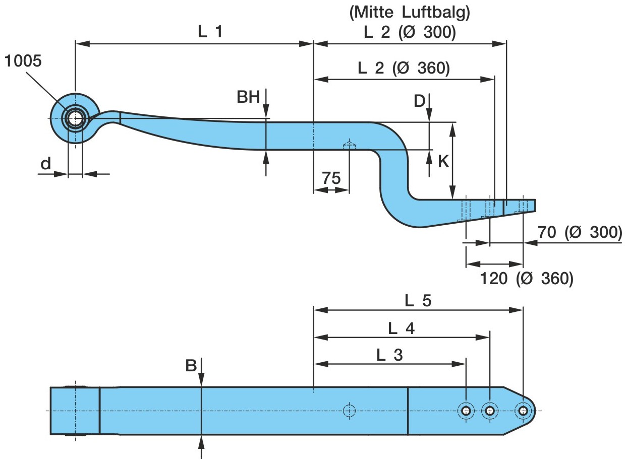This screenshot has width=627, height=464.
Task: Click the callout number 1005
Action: pyautogui.click(x=23, y=62)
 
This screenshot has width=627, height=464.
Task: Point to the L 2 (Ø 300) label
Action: pyautogui.click(x=410, y=33)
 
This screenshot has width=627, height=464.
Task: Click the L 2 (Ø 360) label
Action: pyautogui.click(x=404, y=68)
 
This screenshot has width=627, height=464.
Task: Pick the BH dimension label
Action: pyautogui.click(x=248, y=97)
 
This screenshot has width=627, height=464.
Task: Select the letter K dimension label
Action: pyautogui.click(x=443, y=161)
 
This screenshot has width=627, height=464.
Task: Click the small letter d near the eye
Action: pyautogui.click(x=46, y=163)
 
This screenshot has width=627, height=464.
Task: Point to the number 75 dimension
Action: pyautogui.click(x=331, y=178)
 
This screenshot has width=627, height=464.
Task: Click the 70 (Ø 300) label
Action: pyautogui.click(x=579, y=233)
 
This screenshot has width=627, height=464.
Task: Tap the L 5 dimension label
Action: pyautogui.click(x=418, y=301)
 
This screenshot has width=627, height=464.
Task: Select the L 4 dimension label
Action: pyautogui.click(x=402, y=328)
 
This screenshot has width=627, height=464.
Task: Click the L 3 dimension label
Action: pyautogui.click(x=390, y=355)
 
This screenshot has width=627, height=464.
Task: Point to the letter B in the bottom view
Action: pyautogui.click(x=191, y=366)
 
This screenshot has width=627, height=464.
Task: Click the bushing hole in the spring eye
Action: pyautogui.click(x=75, y=119)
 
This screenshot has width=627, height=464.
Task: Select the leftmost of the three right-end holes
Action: pyautogui.click(x=466, y=411)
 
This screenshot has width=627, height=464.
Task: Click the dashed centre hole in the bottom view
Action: pyautogui.click(x=349, y=411)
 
